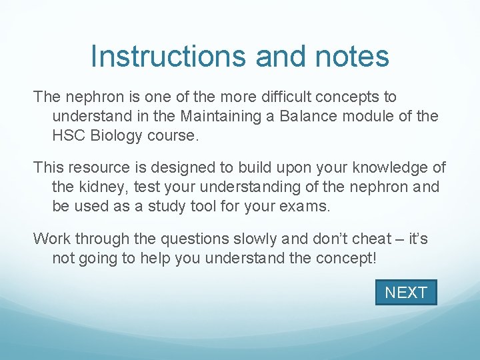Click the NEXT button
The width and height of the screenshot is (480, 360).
click(x=405, y=293)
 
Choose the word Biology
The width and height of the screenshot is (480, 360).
click(x=118, y=135)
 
